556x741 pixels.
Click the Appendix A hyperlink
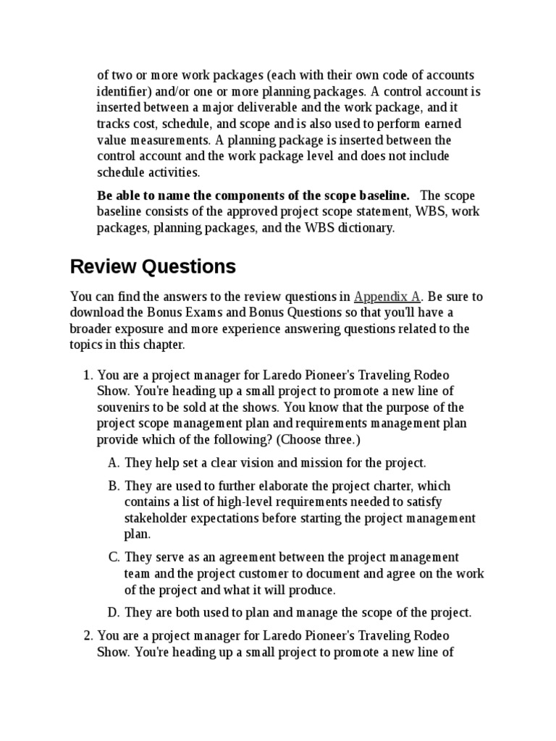pos(387,297)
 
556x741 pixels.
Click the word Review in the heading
pos(101,266)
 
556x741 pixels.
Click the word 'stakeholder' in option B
pos(155,518)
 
